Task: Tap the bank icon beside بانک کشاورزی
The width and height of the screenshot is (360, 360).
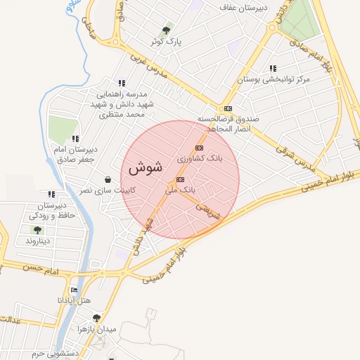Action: (x=200, y=148)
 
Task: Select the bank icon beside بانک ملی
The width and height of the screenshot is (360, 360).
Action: (x=181, y=179)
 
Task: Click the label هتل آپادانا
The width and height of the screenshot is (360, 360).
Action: (x=75, y=300)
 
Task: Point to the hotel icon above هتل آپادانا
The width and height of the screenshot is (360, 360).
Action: (x=75, y=290)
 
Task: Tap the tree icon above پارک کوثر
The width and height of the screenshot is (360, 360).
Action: (x=166, y=30)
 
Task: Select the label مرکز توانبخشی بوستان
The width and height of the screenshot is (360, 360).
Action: (x=274, y=79)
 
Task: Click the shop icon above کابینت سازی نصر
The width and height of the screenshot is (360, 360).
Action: (x=107, y=179)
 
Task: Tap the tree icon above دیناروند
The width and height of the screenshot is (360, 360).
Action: (x=37, y=230)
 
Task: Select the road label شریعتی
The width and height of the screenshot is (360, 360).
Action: (x=208, y=209)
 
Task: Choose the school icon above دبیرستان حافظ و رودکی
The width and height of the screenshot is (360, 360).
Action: (x=51, y=194)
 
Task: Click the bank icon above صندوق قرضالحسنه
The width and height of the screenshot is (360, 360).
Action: (x=228, y=108)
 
